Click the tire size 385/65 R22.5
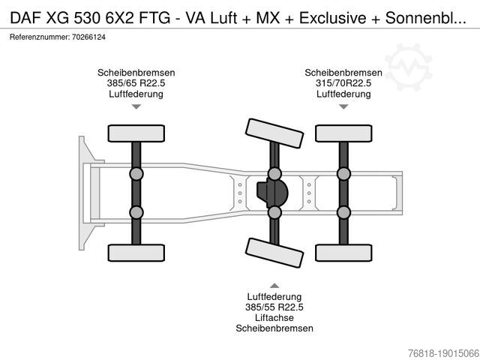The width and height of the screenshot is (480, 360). click(136, 83)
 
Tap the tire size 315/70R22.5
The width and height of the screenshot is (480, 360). click(343, 83)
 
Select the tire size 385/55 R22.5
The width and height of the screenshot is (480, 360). click(274, 307)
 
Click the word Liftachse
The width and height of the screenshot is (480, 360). click(274, 318)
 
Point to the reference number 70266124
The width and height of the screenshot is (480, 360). click(88, 37)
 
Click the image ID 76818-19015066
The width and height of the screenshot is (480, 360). click(443, 352)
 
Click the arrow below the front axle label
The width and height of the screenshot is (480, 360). click(136, 106)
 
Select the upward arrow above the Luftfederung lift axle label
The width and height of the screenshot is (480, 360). click(274, 286)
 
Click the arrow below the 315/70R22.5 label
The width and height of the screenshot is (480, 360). click(343, 106)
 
